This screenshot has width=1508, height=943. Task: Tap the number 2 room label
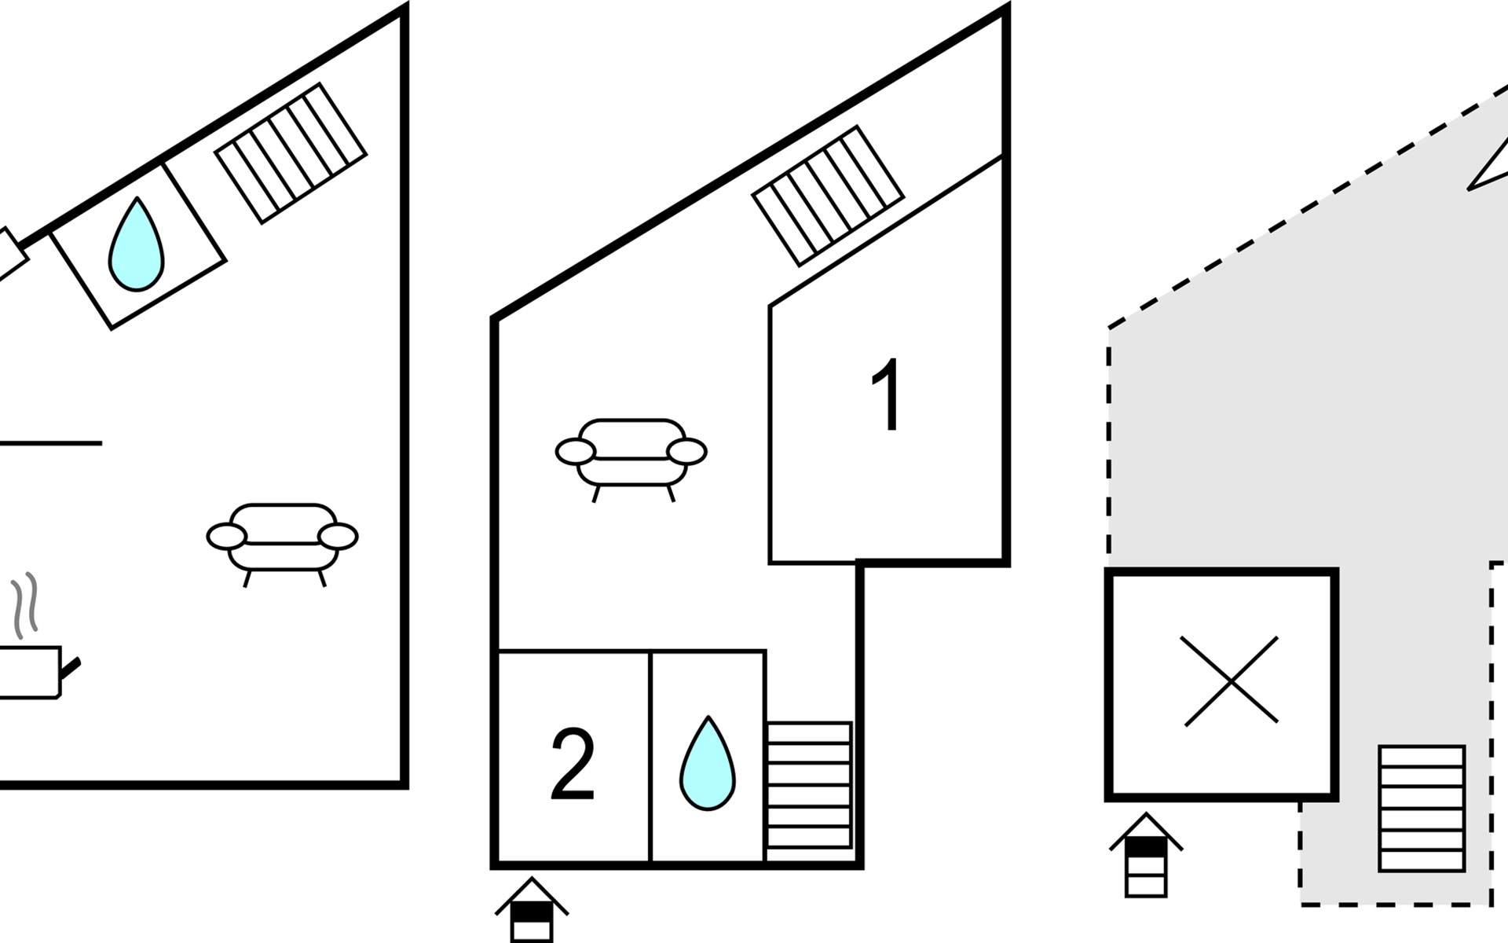click(x=573, y=765)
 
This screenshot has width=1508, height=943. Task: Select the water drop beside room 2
click(x=708, y=762)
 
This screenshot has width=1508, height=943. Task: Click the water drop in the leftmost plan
click(x=137, y=244)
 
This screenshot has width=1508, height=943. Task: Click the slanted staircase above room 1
click(x=829, y=196)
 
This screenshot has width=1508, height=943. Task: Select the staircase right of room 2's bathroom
click(x=809, y=785)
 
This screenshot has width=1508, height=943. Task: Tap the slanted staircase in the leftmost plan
click(x=291, y=152)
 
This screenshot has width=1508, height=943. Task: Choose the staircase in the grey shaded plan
click(x=1422, y=809)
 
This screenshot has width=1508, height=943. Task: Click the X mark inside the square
click(x=1231, y=681)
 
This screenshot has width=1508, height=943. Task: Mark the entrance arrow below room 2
click(x=532, y=910)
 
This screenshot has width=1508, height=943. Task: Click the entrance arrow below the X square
click(x=1146, y=855)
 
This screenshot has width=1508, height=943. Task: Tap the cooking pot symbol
click(x=31, y=673)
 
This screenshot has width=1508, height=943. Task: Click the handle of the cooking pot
click(x=71, y=669)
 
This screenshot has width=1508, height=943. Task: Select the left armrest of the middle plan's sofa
click(x=576, y=452)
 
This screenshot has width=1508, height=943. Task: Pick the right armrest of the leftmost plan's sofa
click(x=339, y=537)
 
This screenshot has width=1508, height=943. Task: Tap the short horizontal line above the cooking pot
click(x=51, y=443)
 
